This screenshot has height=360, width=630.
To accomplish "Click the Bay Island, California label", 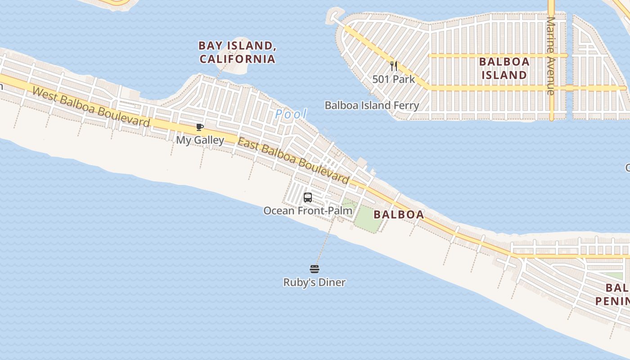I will pyautogui.click(x=237, y=52).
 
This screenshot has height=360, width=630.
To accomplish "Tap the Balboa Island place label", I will pyautogui.click(x=504, y=68).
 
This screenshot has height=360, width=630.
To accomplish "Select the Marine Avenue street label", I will pyautogui.click(x=550, y=56).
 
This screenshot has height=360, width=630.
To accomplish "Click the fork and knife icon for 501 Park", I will pyautogui.click(x=394, y=67).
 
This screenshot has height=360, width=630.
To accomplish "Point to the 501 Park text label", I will pyautogui.click(x=394, y=79).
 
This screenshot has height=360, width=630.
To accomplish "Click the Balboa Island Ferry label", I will pyautogui.click(x=372, y=105).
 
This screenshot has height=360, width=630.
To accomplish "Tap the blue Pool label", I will pyautogui.click(x=291, y=114).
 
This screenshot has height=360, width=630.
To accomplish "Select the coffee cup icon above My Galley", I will pyautogui.click(x=200, y=127).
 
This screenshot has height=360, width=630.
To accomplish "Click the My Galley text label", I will pyautogui.click(x=200, y=140).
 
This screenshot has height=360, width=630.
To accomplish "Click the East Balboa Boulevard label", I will pyautogui.click(x=293, y=161).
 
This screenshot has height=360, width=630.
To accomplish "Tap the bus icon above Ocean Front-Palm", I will pyautogui.click(x=308, y=197).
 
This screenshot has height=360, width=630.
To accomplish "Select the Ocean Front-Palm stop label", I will pyautogui.click(x=308, y=211).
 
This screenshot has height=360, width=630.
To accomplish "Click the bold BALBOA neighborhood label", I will pyautogui.click(x=399, y=215).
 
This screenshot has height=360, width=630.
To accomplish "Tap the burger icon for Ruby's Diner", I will pyautogui.click(x=315, y=269).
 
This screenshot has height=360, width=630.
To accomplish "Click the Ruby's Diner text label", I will pyautogui.click(x=315, y=283).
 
